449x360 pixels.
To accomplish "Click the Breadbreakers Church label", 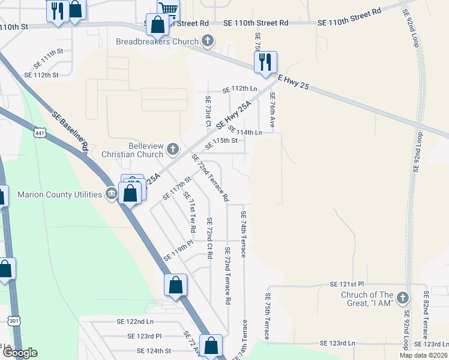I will [157, 41].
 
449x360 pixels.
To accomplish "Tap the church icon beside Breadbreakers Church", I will [208, 41].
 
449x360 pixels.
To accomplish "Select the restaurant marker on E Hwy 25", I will [265, 62].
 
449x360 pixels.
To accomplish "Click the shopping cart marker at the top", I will [169, 9].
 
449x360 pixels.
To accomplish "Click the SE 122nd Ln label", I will [139, 322].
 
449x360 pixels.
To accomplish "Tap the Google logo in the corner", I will [19, 353].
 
